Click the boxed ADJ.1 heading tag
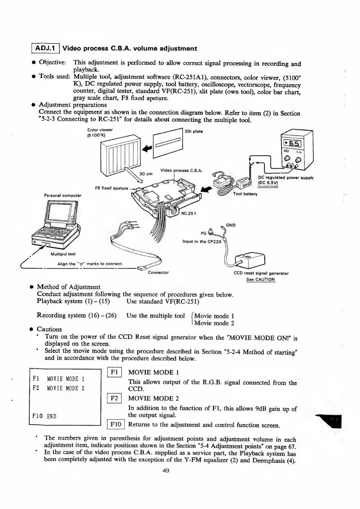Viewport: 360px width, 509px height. click(x=45, y=49)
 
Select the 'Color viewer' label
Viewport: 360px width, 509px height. click(x=100, y=130)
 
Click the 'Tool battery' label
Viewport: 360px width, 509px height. click(x=245, y=194)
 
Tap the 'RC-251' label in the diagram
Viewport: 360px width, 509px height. click(x=188, y=213)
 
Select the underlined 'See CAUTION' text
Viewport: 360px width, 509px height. click(x=260, y=280)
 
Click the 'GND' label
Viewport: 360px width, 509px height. click(x=230, y=225)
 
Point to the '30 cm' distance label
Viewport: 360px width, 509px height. click(x=146, y=174)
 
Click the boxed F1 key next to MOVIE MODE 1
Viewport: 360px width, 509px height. click(x=114, y=373)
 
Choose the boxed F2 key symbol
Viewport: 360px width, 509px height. click(x=114, y=398)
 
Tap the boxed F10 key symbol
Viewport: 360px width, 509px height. click(x=116, y=424)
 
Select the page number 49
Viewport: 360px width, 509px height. click(x=166, y=471)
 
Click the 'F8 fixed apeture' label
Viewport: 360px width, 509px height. click(x=111, y=188)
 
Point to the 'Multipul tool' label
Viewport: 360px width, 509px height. click(x=63, y=254)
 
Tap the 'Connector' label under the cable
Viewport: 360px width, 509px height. click(x=158, y=273)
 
